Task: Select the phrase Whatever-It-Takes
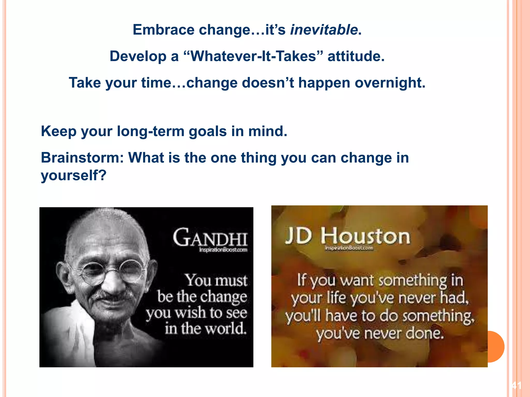click(x=253, y=56)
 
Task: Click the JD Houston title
click(x=348, y=236)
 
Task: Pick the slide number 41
click(x=517, y=386)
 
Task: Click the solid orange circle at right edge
click(x=496, y=346)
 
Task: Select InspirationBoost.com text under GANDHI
click(x=223, y=250)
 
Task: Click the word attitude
click(x=356, y=56)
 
